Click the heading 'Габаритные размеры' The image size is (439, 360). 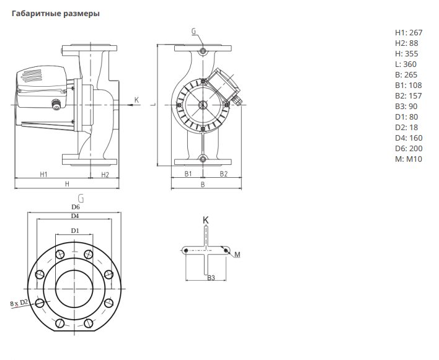[55, 14]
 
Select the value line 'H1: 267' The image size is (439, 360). [409, 33]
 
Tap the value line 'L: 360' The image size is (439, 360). [406, 64]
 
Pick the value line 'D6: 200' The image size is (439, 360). [409, 149]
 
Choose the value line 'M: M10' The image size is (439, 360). [408, 159]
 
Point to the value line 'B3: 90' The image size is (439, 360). [406, 107]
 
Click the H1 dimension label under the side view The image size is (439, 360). [43, 175]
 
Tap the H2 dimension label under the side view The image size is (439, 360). [105, 175]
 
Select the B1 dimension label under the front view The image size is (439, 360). [188, 173]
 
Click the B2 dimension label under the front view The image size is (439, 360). [223, 173]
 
